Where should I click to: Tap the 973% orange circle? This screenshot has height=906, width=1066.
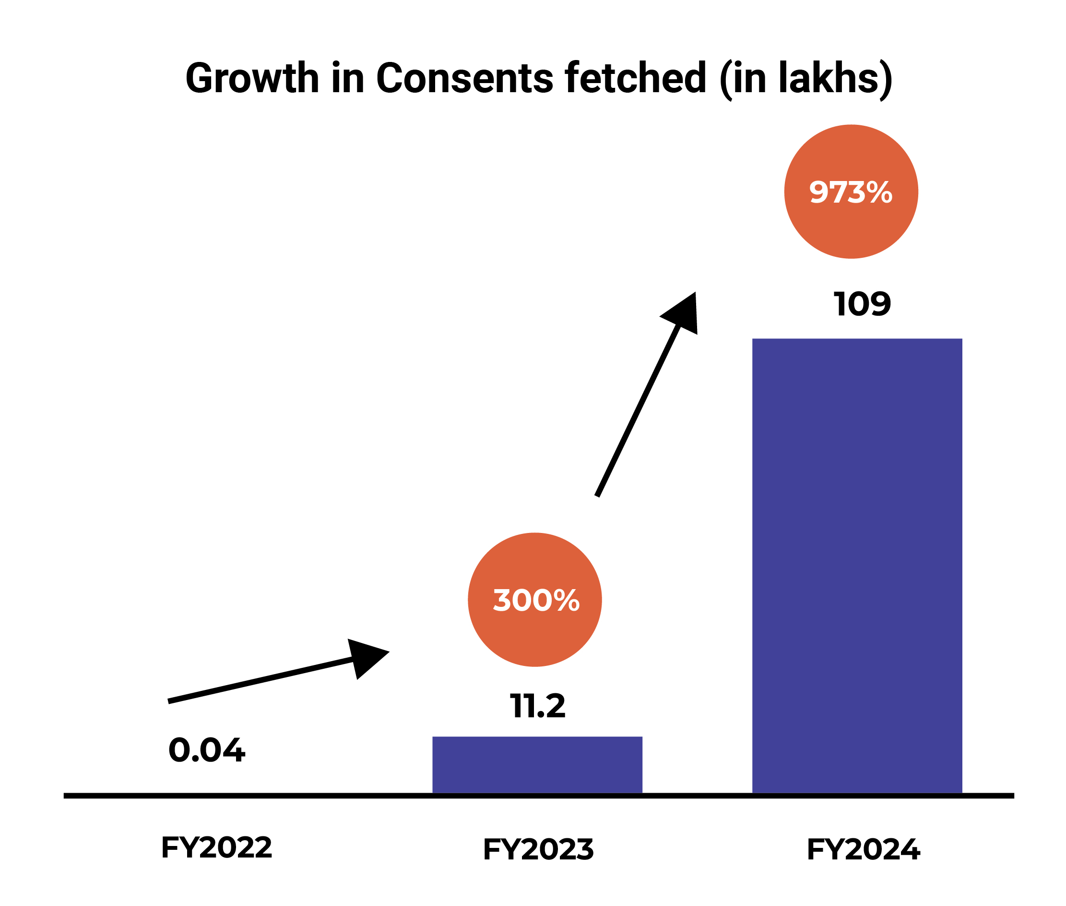click(851, 192)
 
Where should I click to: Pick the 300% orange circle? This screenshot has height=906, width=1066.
click(534, 600)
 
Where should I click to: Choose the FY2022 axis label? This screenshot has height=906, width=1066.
click(216, 847)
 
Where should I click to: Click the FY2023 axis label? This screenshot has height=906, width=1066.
click(538, 849)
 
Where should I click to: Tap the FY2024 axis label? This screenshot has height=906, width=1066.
click(863, 849)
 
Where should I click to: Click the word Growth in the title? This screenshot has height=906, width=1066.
click(252, 78)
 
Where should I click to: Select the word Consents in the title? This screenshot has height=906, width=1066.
click(464, 78)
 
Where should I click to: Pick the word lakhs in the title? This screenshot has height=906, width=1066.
click(828, 78)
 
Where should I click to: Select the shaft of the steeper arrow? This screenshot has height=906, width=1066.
click(638, 411)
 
